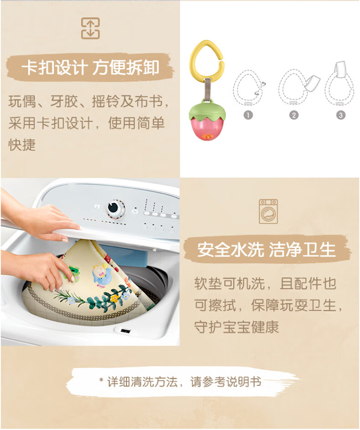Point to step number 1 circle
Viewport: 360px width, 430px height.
tap(248, 115)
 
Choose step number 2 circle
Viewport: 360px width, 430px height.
tap(293, 115)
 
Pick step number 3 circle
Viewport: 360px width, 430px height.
tap(340, 115)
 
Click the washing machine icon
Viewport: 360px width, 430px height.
tap(268, 211)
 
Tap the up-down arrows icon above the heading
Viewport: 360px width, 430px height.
tap(90, 28)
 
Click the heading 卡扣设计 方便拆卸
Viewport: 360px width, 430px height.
tap(91, 68)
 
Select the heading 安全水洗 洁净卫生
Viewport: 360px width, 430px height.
tap(267, 250)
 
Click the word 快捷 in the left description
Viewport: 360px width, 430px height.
tap(22, 145)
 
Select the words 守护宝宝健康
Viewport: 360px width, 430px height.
tap(237, 327)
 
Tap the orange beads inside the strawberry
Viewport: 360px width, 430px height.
tap(207, 136)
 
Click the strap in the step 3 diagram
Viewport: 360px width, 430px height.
tap(340, 69)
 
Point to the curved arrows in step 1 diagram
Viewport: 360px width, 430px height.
tap(261, 88)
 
